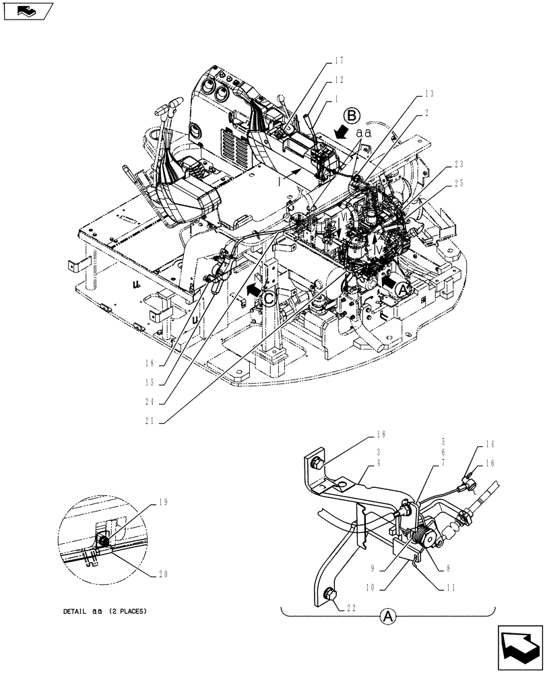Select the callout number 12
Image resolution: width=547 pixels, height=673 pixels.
339,79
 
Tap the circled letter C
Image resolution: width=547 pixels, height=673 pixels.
269,298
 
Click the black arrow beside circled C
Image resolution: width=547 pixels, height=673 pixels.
252,290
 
